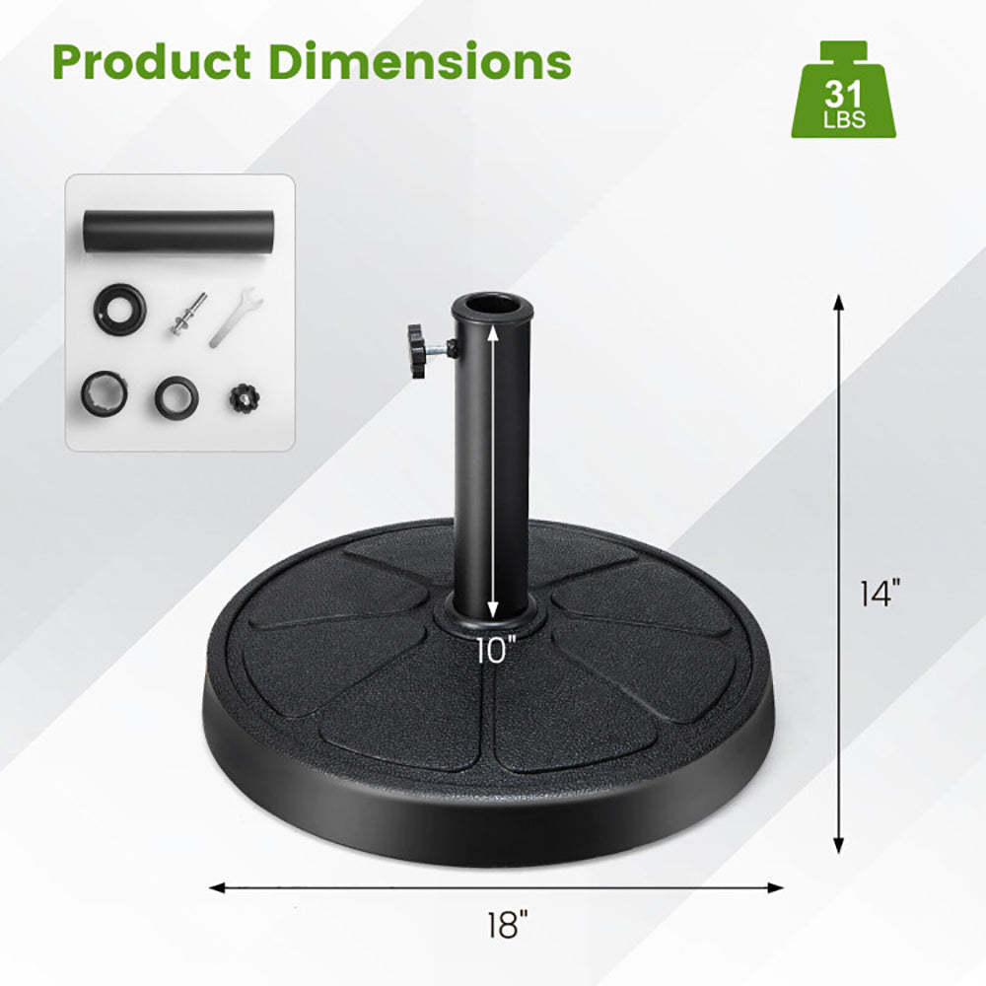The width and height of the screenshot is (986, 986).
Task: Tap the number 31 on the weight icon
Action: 844,95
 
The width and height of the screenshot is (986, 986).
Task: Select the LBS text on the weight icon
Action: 844,122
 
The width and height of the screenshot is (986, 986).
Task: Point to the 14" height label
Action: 880,595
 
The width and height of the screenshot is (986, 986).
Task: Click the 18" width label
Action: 508,926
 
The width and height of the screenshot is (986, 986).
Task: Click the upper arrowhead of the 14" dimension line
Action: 839,302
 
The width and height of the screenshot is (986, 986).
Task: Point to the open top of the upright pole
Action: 488,305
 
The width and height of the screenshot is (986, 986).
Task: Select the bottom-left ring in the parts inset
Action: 105,392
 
